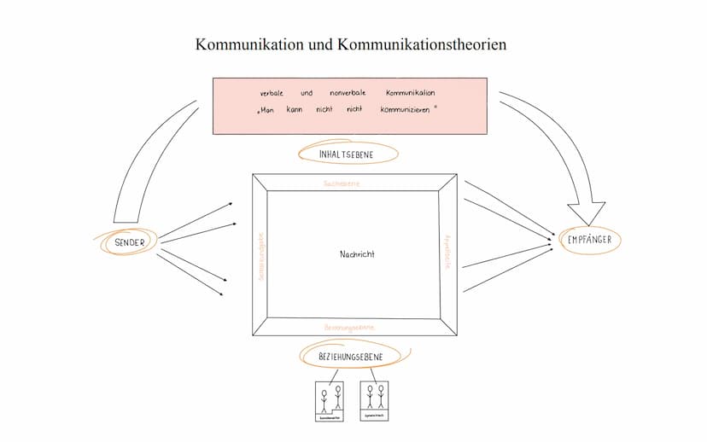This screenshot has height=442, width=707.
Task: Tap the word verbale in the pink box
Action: (272, 92)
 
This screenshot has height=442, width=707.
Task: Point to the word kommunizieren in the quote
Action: (406, 111)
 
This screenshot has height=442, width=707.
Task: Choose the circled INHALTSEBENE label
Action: (348, 154)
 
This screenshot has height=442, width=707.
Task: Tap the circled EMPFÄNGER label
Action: (589, 240)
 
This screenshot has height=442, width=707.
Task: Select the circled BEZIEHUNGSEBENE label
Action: (349, 356)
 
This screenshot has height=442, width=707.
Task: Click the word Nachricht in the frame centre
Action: (356, 254)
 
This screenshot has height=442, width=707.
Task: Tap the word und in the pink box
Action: (306, 92)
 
